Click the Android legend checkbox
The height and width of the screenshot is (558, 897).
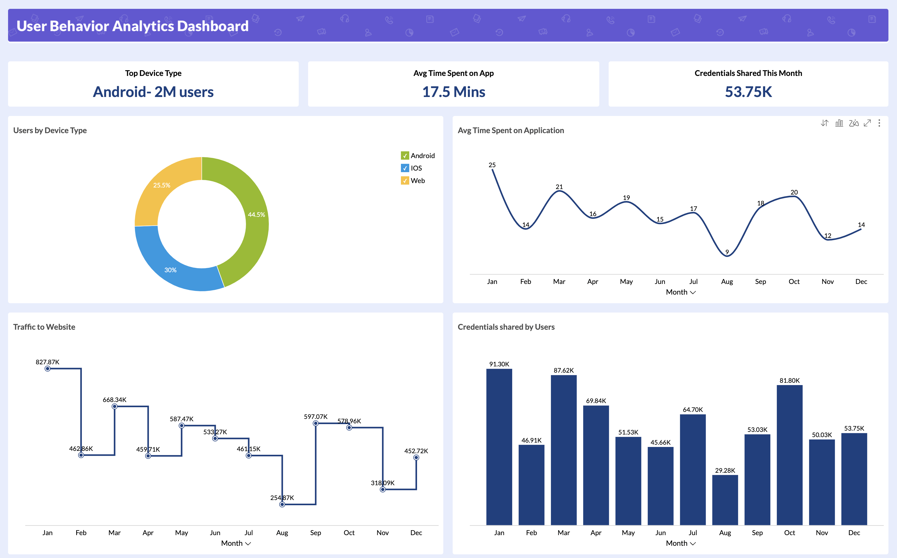[405, 156]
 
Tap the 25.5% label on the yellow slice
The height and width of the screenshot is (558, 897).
[162, 185]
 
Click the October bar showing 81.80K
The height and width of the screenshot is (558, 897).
[789, 454]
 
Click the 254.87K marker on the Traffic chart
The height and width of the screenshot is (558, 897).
[282, 504]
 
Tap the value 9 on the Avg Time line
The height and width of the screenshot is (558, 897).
[727, 252]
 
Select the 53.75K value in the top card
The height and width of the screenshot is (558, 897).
[748, 92]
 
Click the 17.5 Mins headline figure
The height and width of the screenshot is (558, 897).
[453, 92]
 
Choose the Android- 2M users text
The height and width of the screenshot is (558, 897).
[153, 92]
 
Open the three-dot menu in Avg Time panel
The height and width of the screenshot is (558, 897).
[879, 123]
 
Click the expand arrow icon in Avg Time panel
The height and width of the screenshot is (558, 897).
[867, 123]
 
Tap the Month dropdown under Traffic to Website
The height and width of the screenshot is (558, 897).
[236, 543]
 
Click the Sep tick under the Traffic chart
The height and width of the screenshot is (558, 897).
[315, 533]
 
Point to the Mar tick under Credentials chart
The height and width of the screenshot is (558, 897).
[563, 533]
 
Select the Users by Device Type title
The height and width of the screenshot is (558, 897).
[50, 130]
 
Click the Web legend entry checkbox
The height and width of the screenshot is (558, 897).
[405, 181]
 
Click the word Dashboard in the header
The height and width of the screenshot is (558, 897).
[212, 26]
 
